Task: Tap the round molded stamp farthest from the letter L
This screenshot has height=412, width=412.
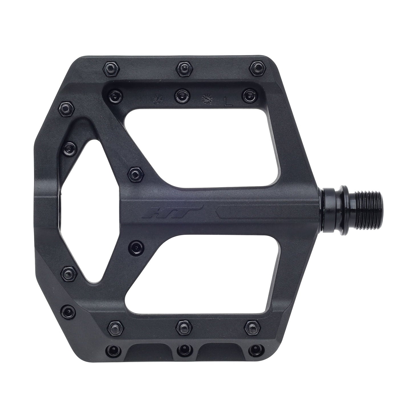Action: click(157, 98)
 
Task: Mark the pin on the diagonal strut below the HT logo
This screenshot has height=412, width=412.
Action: click(135, 245)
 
